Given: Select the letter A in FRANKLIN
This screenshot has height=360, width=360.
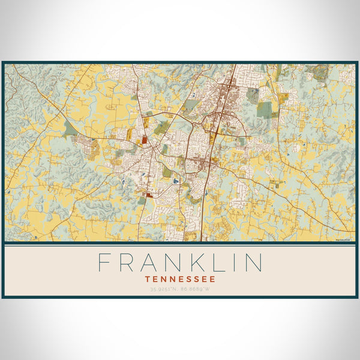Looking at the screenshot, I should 153,263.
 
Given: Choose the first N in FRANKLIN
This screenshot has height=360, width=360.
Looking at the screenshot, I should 178,263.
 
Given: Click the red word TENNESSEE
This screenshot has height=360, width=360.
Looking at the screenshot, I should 180,279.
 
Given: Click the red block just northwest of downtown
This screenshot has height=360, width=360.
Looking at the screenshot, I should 145,140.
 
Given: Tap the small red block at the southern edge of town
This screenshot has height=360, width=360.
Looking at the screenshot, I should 149,194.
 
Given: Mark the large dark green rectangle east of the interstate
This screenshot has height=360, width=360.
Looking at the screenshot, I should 264,109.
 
